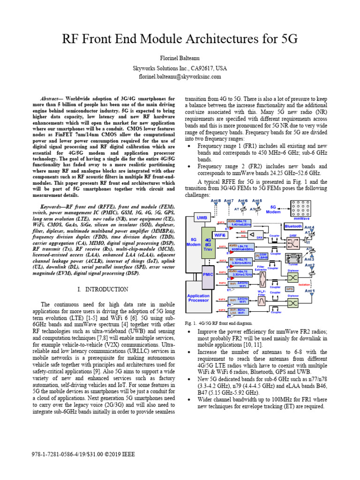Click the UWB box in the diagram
(x=202, y=218)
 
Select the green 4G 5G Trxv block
(x=208, y=247)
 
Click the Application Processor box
(x=199, y=298)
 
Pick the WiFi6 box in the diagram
(x=220, y=235)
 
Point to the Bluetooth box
(x=293, y=226)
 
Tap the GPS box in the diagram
(x=290, y=289)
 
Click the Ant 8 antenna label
(x=216, y=201)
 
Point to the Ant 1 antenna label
(x=310, y=291)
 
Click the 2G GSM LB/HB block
(x=261, y=256)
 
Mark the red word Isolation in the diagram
(x=304, y=284)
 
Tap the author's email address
(x=180, y=77)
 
